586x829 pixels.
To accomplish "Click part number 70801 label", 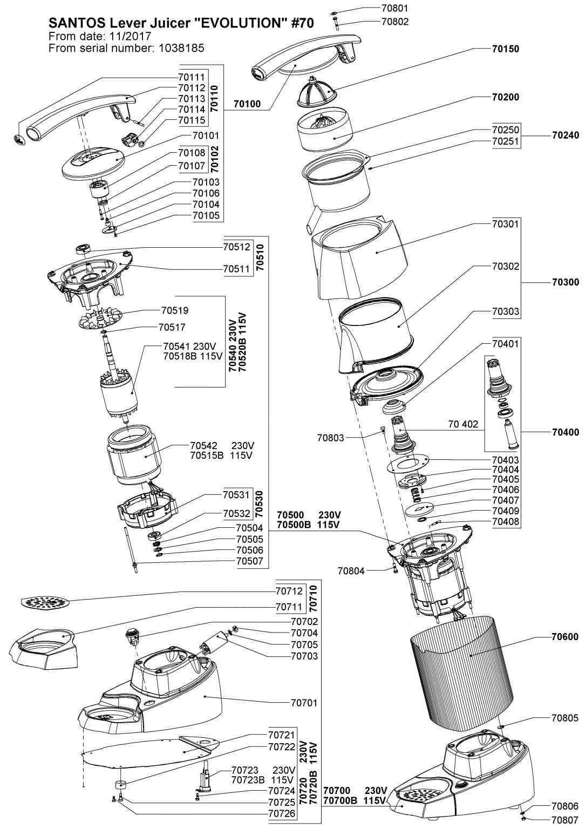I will pos(394,9).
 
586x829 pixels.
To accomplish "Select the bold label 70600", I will pos(565,637).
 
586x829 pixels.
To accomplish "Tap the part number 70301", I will pos(505,223).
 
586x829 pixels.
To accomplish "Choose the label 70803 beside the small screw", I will pos(330,438).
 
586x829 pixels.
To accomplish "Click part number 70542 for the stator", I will pos(203,446).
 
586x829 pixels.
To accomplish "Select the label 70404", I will pos(506,470).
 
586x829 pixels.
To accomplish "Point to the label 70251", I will pos(505,142).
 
